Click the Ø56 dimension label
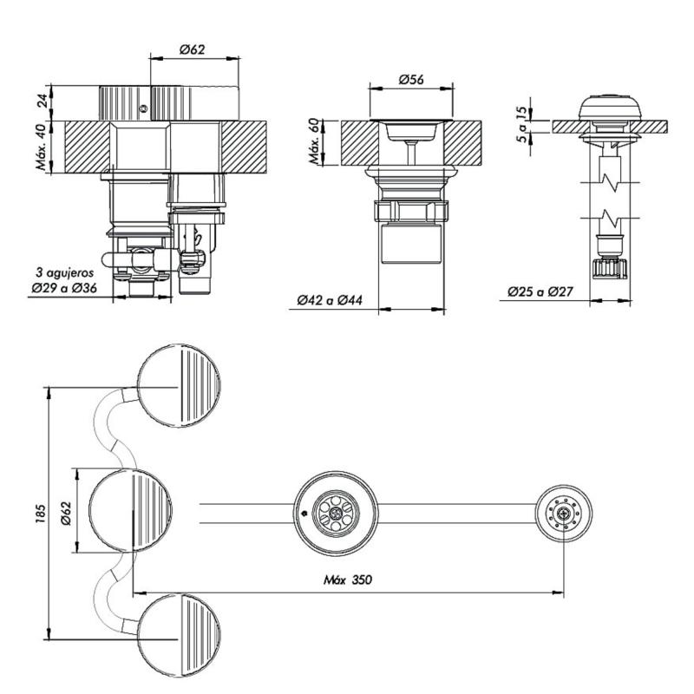click(411, 80)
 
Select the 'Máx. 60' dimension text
click(314, 141)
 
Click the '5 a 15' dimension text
click(520, 123)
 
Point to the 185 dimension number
click(33, 511)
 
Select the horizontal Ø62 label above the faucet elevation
click(193, 50)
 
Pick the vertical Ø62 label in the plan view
click(65, 512)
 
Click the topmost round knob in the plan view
click(180, 387)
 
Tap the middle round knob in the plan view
click(131, 511)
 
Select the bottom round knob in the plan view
click(180, 636)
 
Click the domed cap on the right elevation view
click(610, 108)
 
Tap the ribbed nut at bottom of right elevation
click(610, 266)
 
